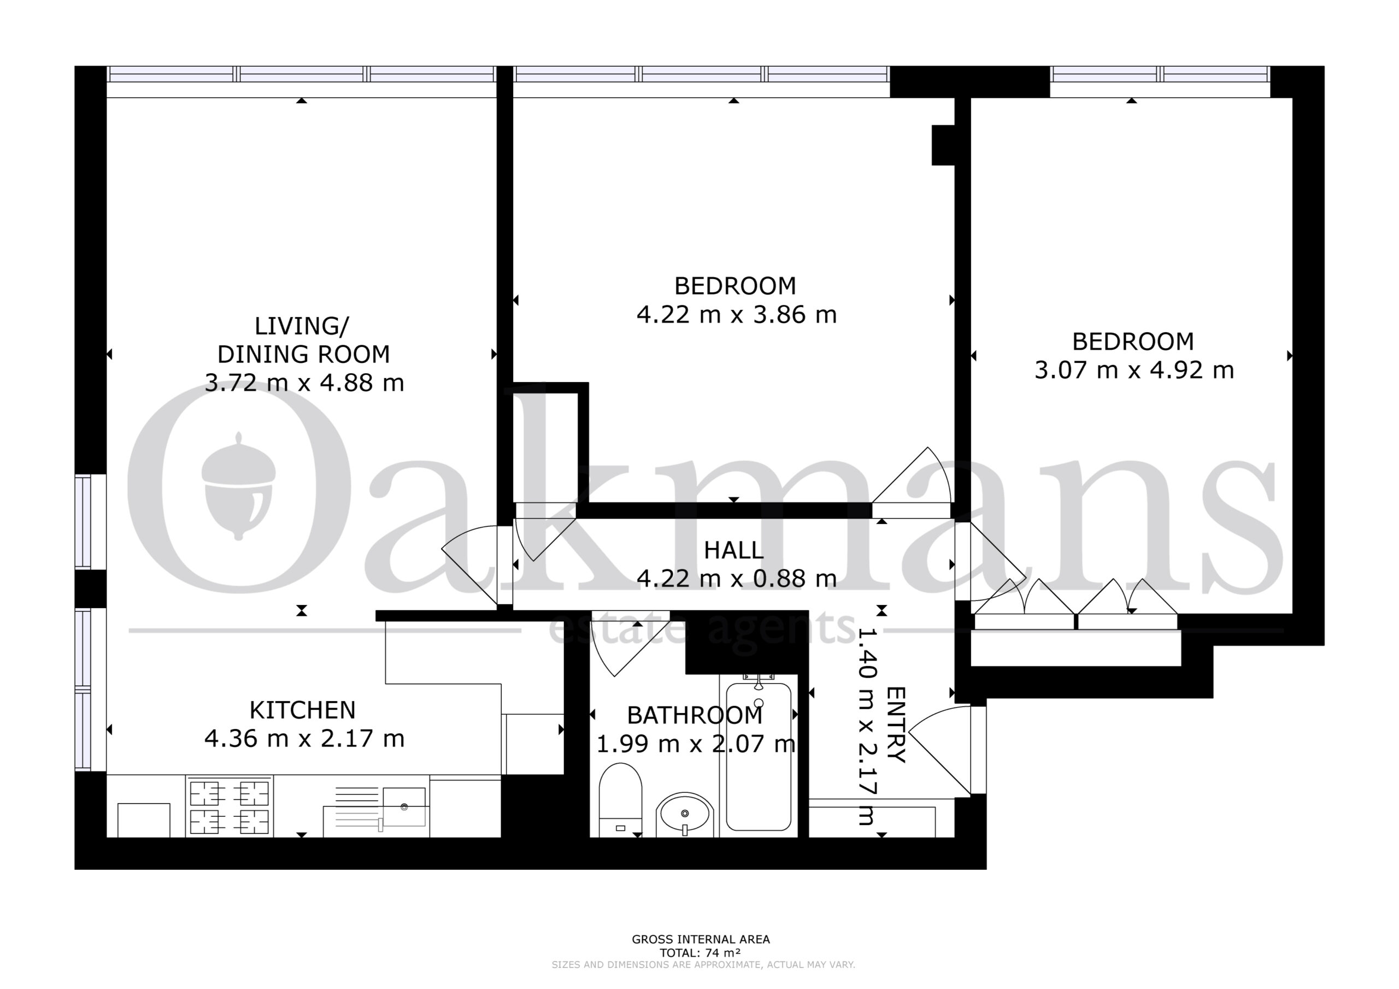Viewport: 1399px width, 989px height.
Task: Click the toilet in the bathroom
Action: (620, 799)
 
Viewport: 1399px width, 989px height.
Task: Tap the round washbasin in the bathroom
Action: (685, 814)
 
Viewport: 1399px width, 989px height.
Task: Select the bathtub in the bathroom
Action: (759, 756)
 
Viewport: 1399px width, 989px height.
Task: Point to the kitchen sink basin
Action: (404, 807)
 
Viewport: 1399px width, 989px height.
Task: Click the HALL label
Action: (733, 550)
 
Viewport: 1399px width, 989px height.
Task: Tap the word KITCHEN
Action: (302, 710)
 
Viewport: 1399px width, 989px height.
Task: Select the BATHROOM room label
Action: (695, 715)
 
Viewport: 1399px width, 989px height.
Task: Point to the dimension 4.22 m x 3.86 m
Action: (736, 314)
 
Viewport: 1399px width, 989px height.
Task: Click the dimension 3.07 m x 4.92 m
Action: (1134, 370)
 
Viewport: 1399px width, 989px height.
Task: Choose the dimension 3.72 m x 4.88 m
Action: (304, 382)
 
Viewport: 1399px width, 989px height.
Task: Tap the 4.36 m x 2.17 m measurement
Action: (304, 739)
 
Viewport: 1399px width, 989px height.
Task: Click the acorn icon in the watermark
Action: (238, 486)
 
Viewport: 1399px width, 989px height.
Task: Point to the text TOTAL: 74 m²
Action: (700, 952)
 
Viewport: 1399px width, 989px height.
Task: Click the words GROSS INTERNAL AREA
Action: (701, 939)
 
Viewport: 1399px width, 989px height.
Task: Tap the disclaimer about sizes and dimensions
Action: (703, 964)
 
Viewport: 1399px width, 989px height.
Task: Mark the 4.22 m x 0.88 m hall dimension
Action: (736, 578)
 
